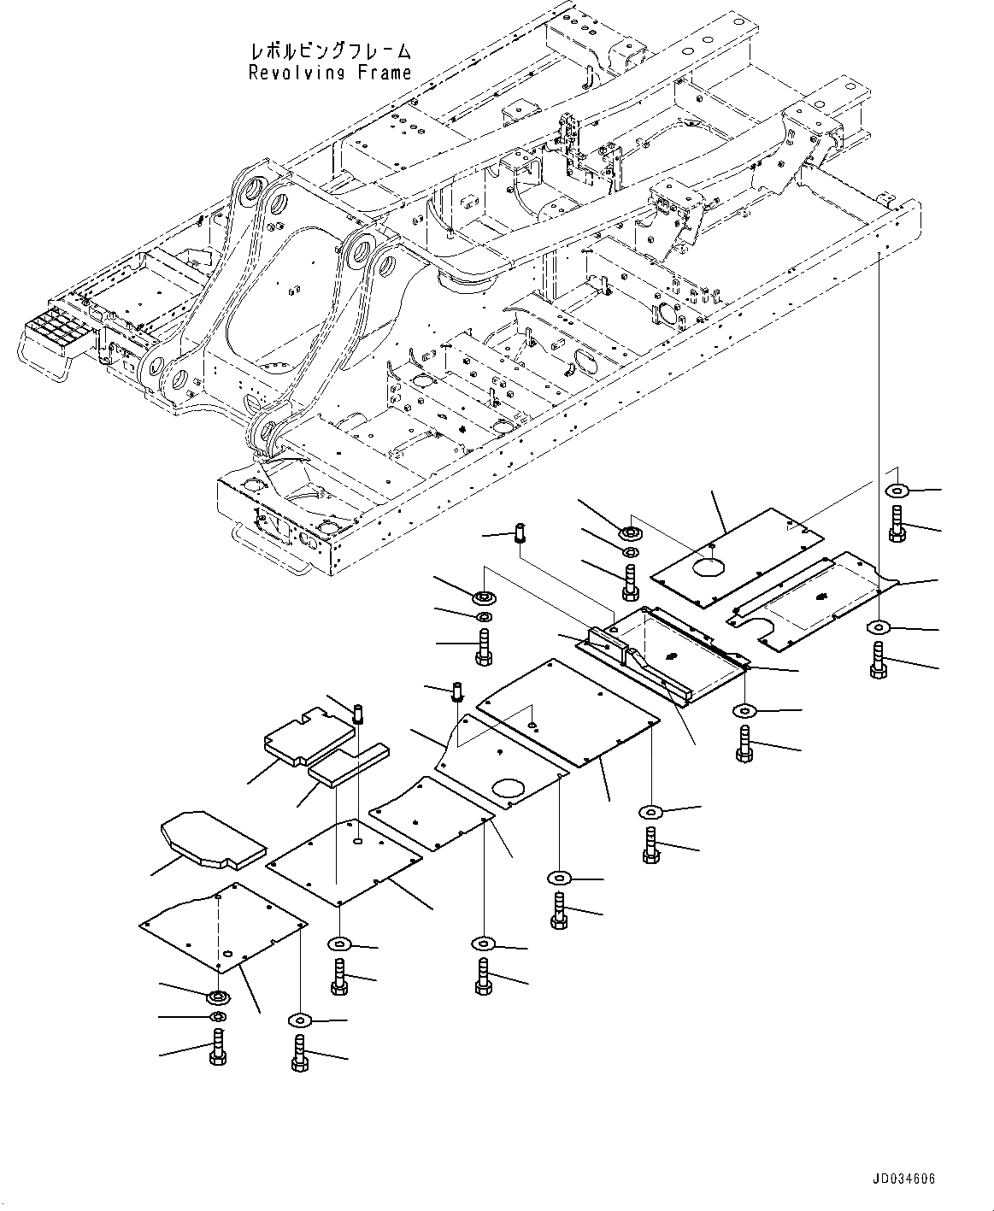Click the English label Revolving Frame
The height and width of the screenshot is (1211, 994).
pos(330,73)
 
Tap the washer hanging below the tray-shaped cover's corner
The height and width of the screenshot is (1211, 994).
pos(744,711)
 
